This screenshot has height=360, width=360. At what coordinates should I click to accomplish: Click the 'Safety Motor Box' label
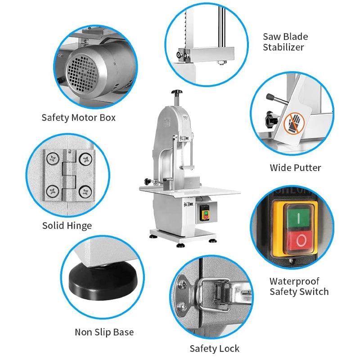pos(78,118)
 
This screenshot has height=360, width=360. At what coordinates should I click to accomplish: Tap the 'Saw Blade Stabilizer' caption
pos(285,42)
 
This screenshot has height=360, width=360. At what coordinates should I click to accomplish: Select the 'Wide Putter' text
pos(295,168)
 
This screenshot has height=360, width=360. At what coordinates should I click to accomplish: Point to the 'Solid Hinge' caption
pos(67,225)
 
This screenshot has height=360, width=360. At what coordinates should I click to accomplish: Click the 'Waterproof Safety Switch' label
pos(299,287)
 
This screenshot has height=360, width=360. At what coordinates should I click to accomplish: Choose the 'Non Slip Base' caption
pos(104,333)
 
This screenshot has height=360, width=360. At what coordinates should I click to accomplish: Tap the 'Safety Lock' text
pos(214,348)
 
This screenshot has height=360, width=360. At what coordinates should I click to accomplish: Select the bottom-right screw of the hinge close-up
pos(85,193)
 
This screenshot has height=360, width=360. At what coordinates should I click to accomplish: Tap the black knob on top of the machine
pos(177,93)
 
